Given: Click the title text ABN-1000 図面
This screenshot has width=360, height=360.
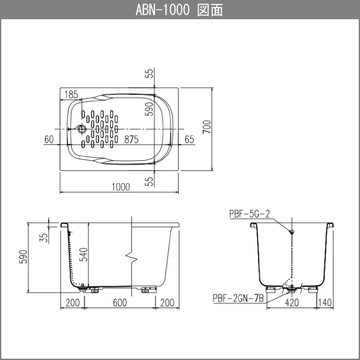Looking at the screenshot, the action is tap(179, 10).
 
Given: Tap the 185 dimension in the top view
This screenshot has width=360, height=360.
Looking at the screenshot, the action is tap(71, 95).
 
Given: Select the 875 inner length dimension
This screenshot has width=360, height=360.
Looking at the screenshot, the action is tap(131, 140).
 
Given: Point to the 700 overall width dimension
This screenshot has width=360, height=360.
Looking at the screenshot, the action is tap(207, 127).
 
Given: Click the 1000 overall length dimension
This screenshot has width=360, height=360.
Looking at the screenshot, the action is tap(121, 187).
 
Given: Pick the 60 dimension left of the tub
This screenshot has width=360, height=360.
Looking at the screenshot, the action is tap(49, 140).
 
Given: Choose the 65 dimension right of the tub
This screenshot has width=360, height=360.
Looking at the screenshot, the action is tap(189, 140).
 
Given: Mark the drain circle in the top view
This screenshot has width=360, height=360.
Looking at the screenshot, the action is tap(81, 129).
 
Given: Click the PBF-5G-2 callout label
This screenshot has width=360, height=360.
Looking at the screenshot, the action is tap(250, 214).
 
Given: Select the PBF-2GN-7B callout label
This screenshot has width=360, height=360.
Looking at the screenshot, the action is tap(238, 299).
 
